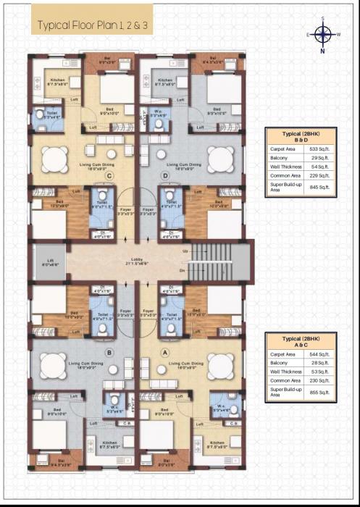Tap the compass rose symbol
[x=322, y=33]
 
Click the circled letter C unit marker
[x=109, y=175]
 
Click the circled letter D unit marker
[x=166, y=175]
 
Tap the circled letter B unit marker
[x=109, y=353]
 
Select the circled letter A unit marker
[x=165, y=353]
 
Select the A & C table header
[x=302, y=344]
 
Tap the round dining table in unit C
[x=54, y=158]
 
